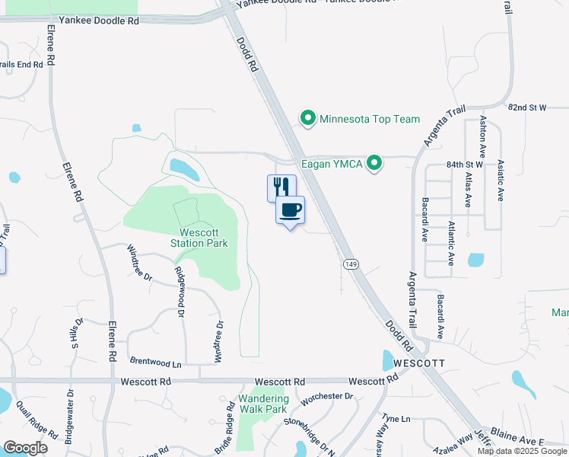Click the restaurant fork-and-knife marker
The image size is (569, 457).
pos(281,187)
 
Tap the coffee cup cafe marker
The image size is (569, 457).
pos(290,210)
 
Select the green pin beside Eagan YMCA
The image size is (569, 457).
pos(374,163)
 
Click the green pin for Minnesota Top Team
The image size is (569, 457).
pos(308,119)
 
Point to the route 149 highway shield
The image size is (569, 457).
pos(350,264)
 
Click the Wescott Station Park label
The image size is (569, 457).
pos(204,238)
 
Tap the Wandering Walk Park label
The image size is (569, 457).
pos(263,404)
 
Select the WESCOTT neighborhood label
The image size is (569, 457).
pos(413,363)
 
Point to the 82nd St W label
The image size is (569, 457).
pos(527,108)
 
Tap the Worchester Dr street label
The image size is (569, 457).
pos(327,397)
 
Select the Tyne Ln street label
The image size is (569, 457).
pos(396,419)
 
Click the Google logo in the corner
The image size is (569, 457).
pos(26,448)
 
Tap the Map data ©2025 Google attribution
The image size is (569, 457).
pos(522,451)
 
